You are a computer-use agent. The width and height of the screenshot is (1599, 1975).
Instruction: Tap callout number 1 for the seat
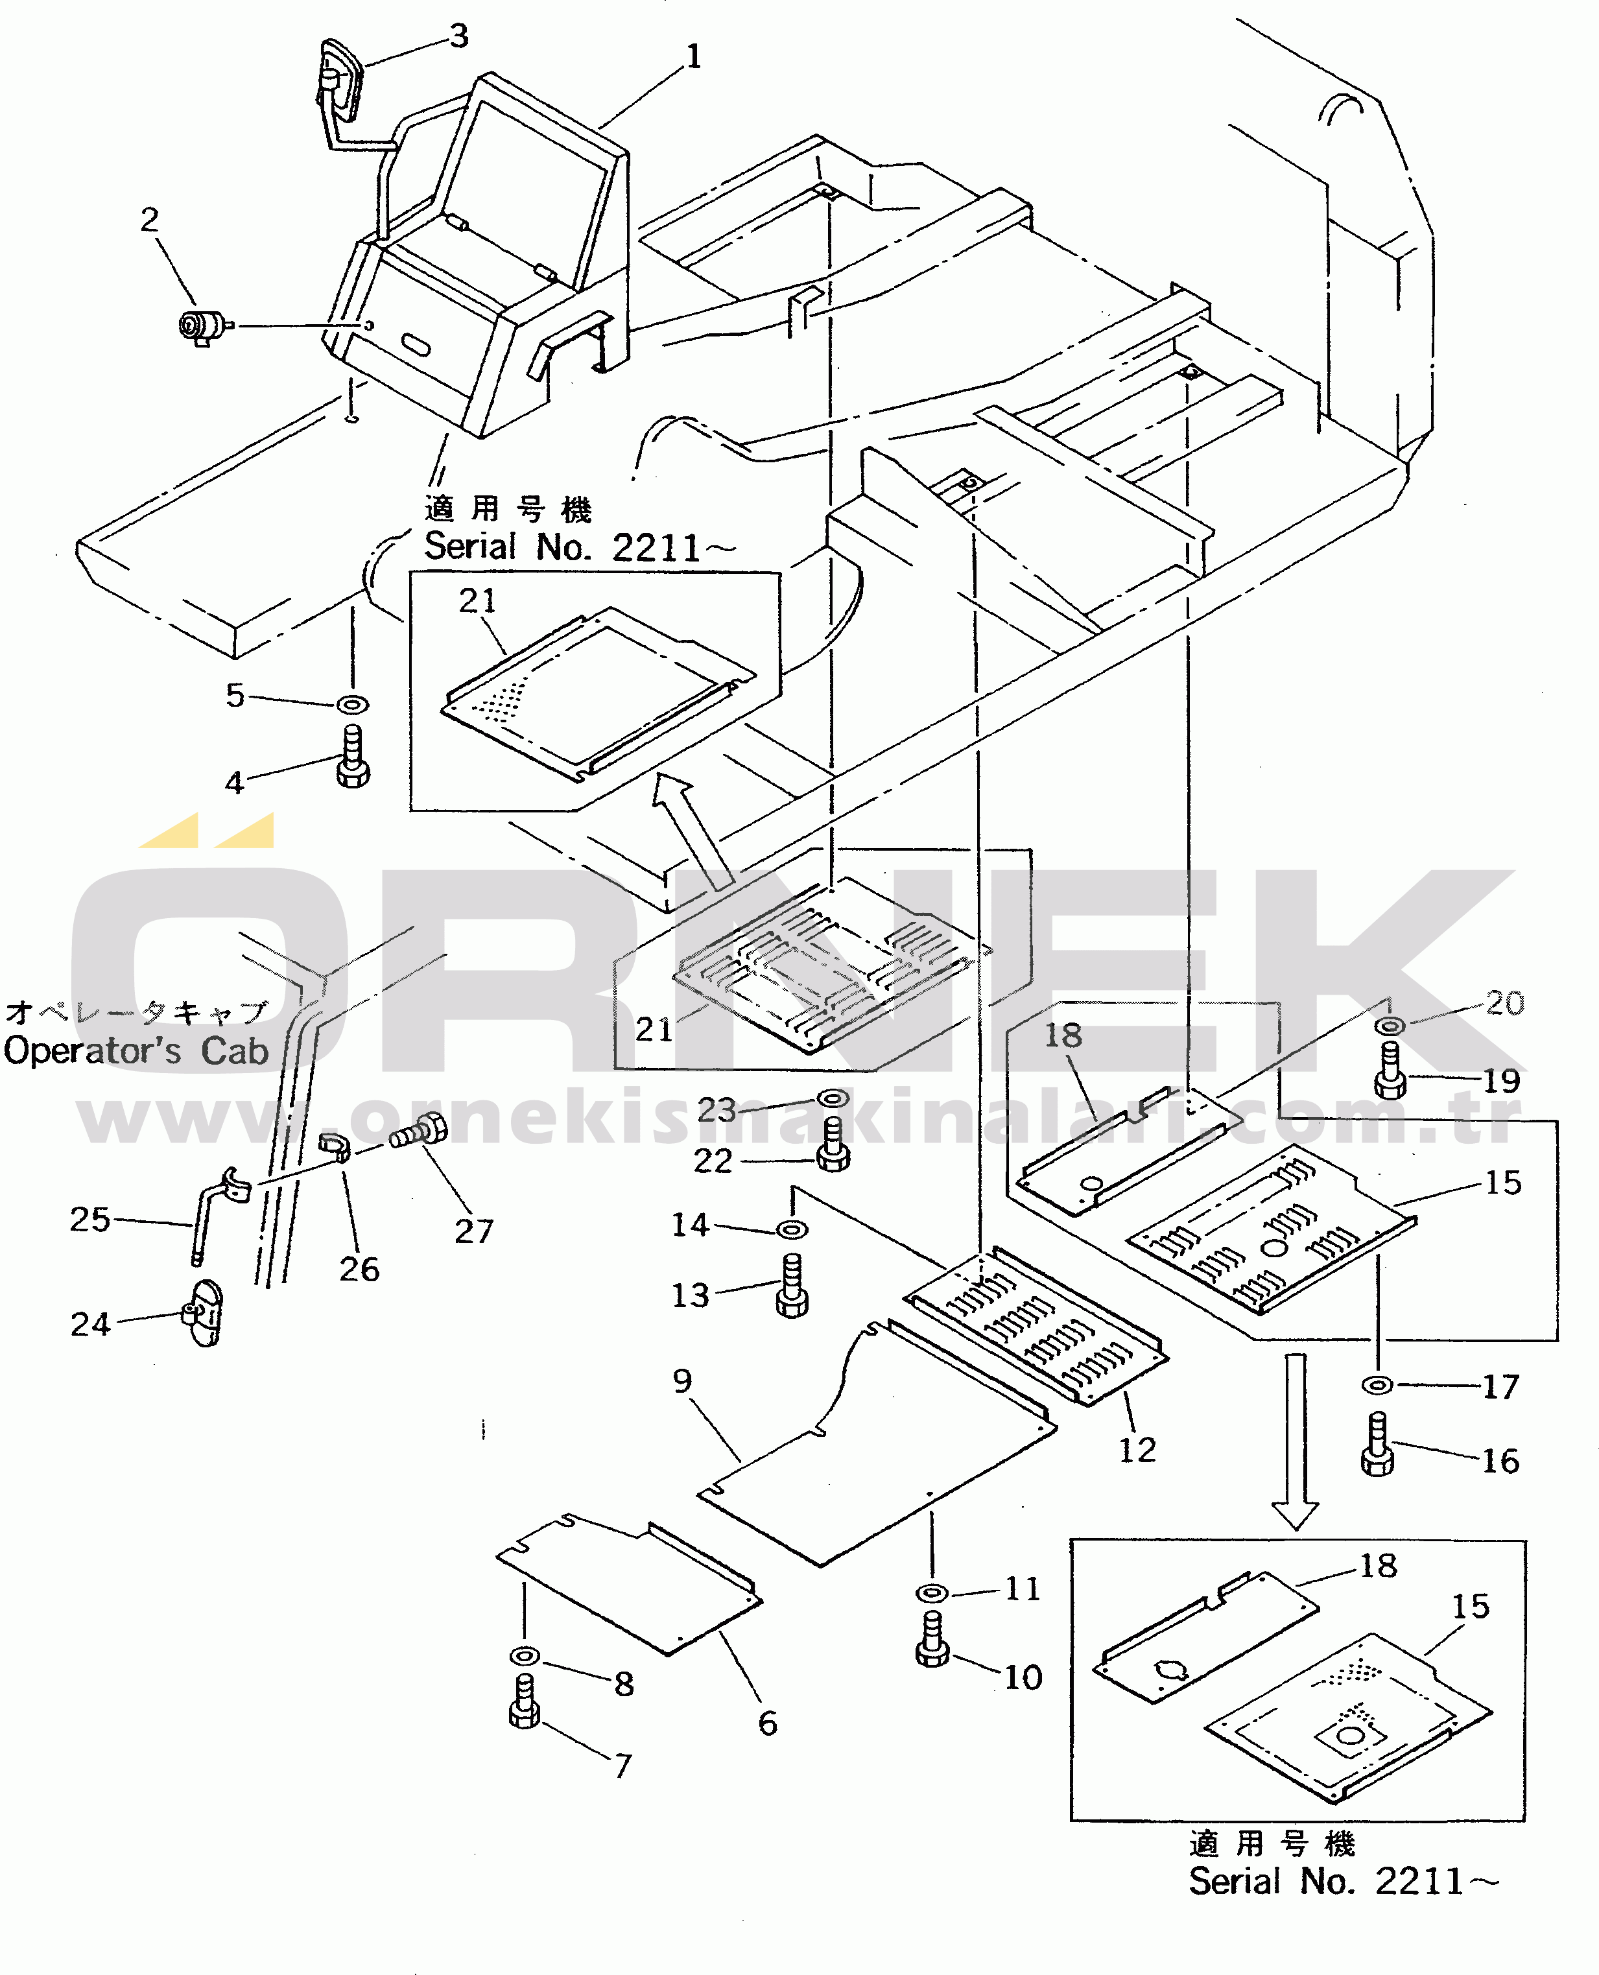pyautogui.click(x=694, y=57)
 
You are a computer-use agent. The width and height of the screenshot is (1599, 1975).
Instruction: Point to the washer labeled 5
pyautogui.click(x=352, y=705)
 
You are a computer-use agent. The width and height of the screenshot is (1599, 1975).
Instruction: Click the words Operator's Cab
pyautogui.click(x=136, y=1051)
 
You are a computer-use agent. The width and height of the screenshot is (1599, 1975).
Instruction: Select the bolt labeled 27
pyautogui.click(x=419, y=1131)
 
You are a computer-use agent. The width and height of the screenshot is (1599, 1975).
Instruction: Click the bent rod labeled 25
pyautogui.click(x=219, y=1212)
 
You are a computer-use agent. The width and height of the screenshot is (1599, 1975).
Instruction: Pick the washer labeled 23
pyautogui.click(x=833, y=1099)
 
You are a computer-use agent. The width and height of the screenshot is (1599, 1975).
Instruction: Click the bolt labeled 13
pyautogui.click(x=792, y=1285)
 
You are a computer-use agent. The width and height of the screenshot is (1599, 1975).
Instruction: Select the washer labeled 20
pyautogui.click(x=1390, y=1025)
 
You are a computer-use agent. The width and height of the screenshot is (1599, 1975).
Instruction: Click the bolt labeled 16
pyautogui.click(x=1378, y=1445)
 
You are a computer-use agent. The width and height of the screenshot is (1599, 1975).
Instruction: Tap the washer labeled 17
pyautogui.click(x=1377, y=1384)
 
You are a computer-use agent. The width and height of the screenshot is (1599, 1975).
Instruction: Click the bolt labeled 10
pyautogui.click(x=932, y=1638)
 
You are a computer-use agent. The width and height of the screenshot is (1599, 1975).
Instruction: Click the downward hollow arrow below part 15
pyautogui.click(x=1296, y=1441)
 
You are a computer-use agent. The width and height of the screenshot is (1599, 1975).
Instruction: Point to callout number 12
pyautogui.click(x=1137, y=1451)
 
